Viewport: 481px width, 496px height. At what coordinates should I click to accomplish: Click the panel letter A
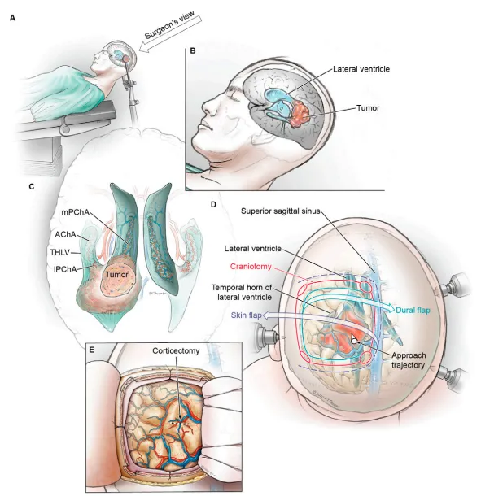12,18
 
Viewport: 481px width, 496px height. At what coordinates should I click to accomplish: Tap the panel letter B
193,50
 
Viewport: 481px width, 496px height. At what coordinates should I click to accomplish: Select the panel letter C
32,187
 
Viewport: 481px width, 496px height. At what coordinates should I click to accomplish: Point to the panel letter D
213,204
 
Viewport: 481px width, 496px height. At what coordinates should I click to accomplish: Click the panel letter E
92,350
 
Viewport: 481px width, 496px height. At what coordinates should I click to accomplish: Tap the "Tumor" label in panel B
368,108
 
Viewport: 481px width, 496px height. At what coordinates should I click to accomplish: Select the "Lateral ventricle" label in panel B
361,69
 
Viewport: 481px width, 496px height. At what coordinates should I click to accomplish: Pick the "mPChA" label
76,212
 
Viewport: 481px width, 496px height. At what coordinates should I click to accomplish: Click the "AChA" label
66,235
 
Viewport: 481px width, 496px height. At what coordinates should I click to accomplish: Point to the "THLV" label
60,252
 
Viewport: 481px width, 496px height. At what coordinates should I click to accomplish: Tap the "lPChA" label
66,269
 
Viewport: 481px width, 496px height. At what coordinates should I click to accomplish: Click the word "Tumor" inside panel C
117,275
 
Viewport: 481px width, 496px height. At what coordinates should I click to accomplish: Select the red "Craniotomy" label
251,267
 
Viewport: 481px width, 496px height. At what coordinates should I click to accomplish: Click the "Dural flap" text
413,311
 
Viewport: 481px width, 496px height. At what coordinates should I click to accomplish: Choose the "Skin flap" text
246,315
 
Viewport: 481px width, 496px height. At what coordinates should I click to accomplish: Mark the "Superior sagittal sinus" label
281,211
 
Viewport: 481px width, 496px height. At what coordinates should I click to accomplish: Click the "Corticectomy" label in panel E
176,350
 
